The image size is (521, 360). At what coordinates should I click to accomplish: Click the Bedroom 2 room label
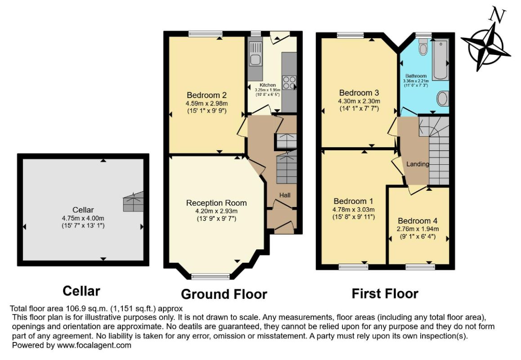pos(207,95)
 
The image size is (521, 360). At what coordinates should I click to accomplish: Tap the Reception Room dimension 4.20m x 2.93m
pos(216,211)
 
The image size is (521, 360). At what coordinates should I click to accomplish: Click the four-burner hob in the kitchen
pos(289,82)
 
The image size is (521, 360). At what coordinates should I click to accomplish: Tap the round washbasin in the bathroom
pos(443,99)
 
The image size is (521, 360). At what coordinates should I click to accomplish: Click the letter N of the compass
pos(498,16)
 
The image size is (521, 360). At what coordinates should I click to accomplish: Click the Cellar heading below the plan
pos(81,291)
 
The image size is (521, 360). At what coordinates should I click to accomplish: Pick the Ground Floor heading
pos(224,294)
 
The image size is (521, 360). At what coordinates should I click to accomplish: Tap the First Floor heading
pos(385,294)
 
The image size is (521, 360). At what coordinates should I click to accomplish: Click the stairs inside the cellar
pos(134,202)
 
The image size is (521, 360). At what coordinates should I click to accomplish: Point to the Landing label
pos(418,164)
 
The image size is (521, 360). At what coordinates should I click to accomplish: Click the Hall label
pos(285,195)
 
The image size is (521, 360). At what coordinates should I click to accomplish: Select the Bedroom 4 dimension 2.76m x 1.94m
pos(418,229)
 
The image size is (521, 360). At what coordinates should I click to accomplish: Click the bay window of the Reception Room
pos(211,276)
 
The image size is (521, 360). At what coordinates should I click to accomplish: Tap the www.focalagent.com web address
pos(94,345)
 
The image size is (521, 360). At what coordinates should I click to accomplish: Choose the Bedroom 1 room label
pos(353,201)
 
